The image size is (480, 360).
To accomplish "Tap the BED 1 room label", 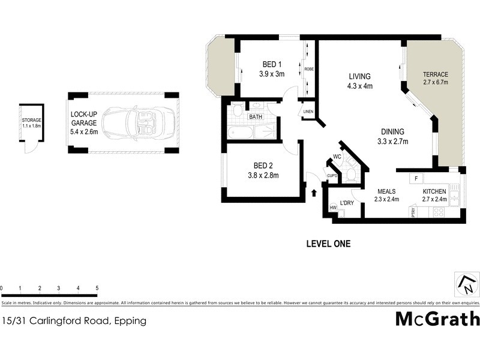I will click(x=271, y=65).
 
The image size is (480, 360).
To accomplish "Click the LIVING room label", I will click(x=360, y=77).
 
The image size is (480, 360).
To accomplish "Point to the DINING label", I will click(x=393, y=132).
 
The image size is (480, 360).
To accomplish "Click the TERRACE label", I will click(x=436, y=74).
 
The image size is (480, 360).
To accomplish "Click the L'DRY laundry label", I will click(x=347, y=203).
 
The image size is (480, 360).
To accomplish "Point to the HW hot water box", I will click(x=333, y=208).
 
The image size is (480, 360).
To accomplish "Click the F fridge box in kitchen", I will click(x=415, y=179).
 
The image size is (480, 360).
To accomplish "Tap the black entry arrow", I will click(x=314, y=192).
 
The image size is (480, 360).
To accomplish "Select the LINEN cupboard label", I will click(x=308, y=112).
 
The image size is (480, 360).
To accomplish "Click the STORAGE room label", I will click(x=31, y=120).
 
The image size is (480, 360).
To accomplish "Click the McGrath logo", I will click(x=437, y=319).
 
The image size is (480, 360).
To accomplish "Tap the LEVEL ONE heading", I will click(x=328, y=244).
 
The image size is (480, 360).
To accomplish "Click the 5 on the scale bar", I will click(x=97, y=289).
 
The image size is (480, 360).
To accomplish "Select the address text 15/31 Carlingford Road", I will click(x=57, y=321).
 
